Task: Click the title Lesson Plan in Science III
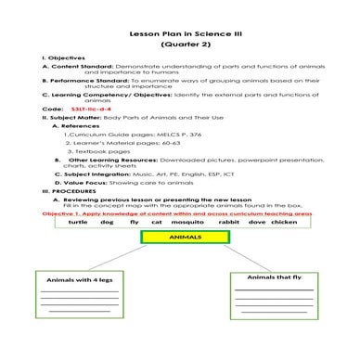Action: (x=180, y=32)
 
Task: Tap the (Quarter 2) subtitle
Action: (x=180, y=45)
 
